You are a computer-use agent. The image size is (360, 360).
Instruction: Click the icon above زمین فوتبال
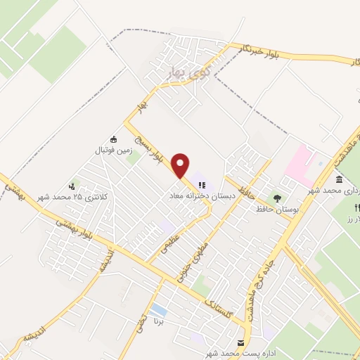point(115,139)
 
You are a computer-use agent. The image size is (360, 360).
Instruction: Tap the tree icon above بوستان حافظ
point(276,198)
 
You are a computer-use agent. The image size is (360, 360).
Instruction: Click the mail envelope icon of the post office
point(242,343)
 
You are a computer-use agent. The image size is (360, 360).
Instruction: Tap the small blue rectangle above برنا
point(159,310)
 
